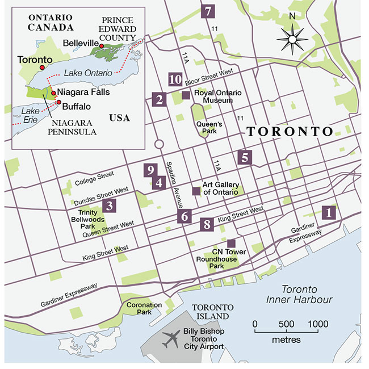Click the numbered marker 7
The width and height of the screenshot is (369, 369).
click(x=208, y=10)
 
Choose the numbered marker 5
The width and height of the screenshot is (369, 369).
click(x=245, y=157)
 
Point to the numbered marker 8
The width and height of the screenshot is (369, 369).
click(x=207, y=224)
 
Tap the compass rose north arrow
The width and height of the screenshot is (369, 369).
click(x=291, y=37)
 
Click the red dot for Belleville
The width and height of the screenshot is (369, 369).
click(x=101, y=45)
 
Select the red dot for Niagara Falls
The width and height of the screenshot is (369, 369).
click(x=53, y=93)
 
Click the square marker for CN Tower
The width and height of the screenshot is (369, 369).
click(x=231, y=243)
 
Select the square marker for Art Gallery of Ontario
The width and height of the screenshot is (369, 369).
click(x=196, y=191)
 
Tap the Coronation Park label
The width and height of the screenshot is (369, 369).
click(x=144, y=309)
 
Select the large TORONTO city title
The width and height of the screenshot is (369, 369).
click(x=289, y=132)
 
